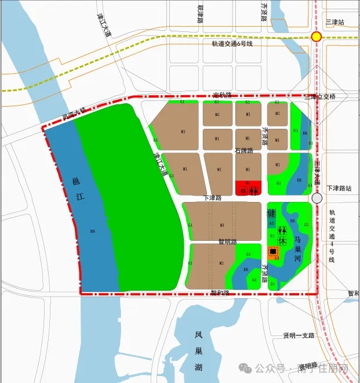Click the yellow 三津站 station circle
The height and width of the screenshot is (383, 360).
click(316, 37)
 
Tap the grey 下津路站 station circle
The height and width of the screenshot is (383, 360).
click(317, 198)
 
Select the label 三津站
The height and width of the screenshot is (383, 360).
click(334, 22)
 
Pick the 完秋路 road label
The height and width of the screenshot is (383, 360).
click(222, 95)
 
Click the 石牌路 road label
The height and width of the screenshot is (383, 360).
click(244, 151)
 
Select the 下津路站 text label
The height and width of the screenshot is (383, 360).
click(340, 189)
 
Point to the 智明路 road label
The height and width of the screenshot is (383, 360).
click(228, 241)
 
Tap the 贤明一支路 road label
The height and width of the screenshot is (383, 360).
click(298, 336)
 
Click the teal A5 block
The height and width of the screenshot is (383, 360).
click(271, 222)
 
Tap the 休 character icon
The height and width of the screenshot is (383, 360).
click(282, 240)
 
